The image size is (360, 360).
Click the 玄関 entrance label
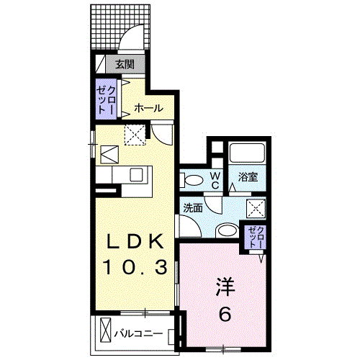tap(126, 64)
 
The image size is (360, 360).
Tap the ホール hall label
tap(148, 109)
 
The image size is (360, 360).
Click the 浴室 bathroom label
tap(249, 176)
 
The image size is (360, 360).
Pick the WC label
tap(215, 179)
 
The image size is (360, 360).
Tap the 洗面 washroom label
tap(192, 207)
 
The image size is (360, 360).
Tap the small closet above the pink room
tap(256, 235)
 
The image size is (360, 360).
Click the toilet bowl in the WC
tap(190, 179)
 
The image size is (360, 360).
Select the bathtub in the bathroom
tap(248, 153)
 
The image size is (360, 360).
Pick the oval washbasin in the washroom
tap(228, 230)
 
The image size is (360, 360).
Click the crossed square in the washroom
tap(256, 208)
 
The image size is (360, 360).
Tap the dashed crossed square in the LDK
tap(134, 135)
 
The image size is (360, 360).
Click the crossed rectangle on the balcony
tap(107, 330)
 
